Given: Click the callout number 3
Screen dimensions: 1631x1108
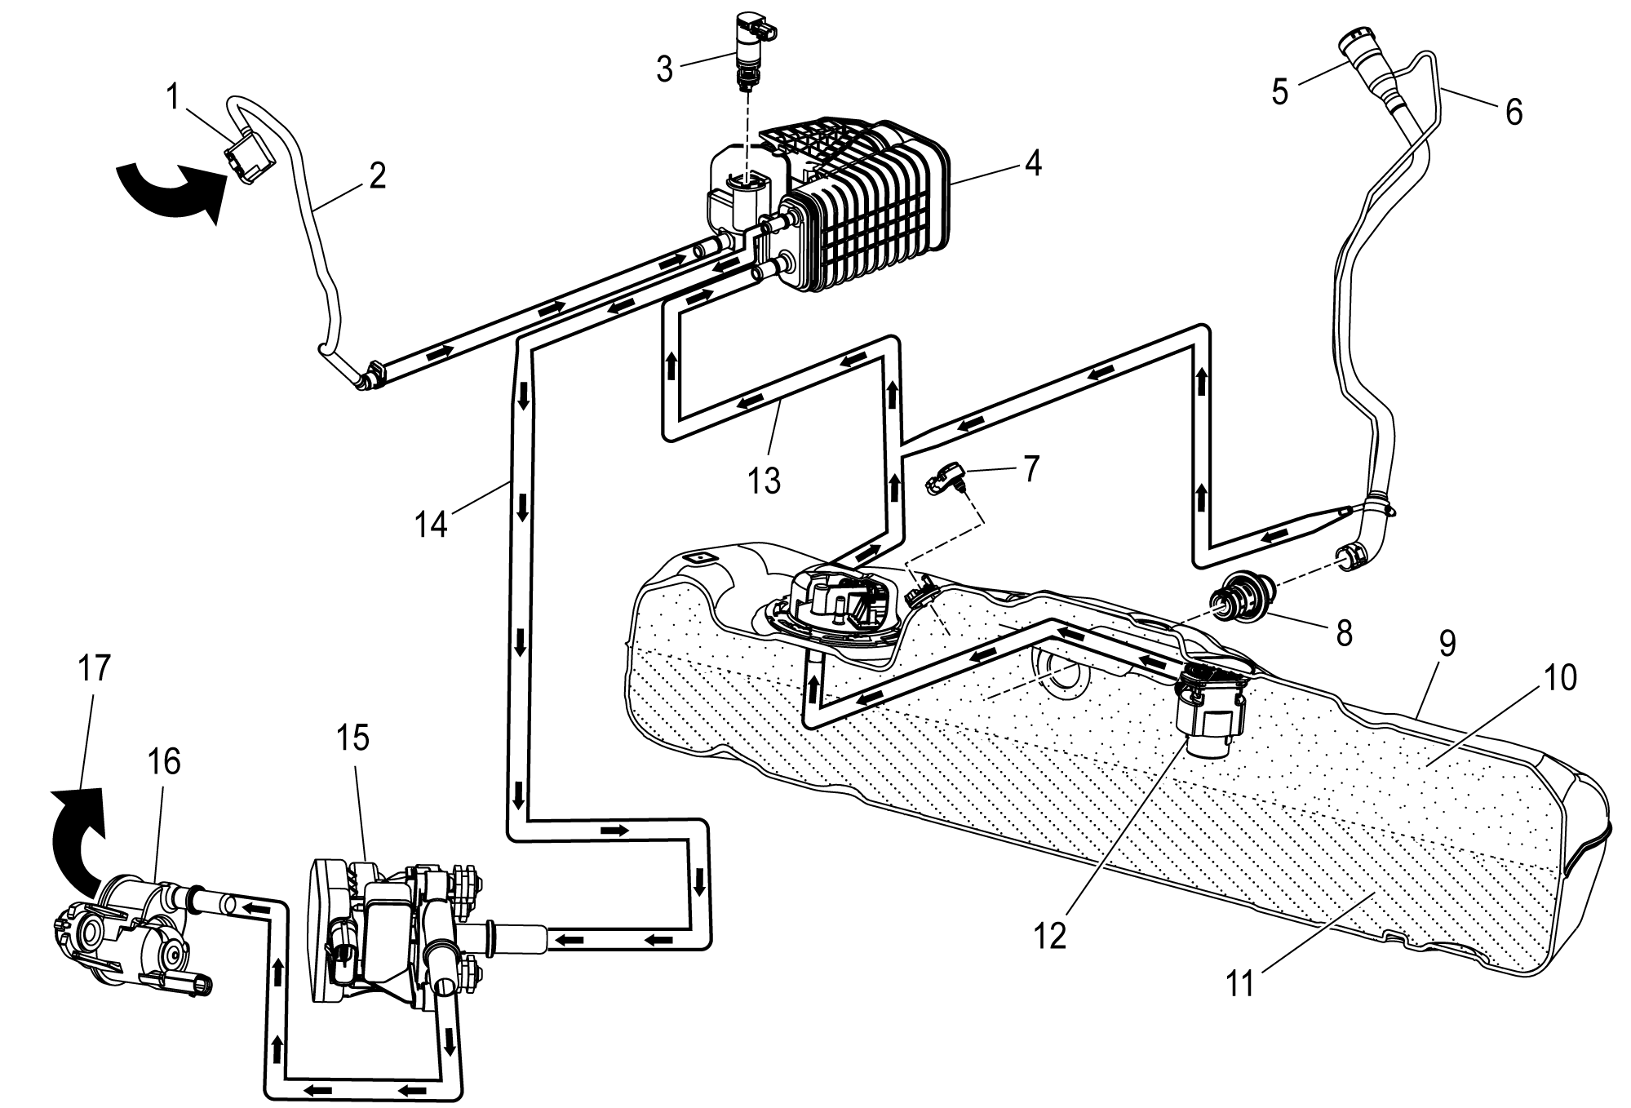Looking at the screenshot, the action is [665, 70].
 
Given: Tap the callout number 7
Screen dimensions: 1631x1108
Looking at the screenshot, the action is [1032, 470].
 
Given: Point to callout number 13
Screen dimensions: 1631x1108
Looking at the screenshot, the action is [765, 481].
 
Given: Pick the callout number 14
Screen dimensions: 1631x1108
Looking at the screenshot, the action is [430, 523].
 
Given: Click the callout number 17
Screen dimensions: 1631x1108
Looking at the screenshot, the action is [93, 669].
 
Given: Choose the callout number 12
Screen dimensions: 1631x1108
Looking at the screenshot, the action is [1050, 937].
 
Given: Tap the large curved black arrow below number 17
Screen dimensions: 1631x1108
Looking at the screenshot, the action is [78, 836].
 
